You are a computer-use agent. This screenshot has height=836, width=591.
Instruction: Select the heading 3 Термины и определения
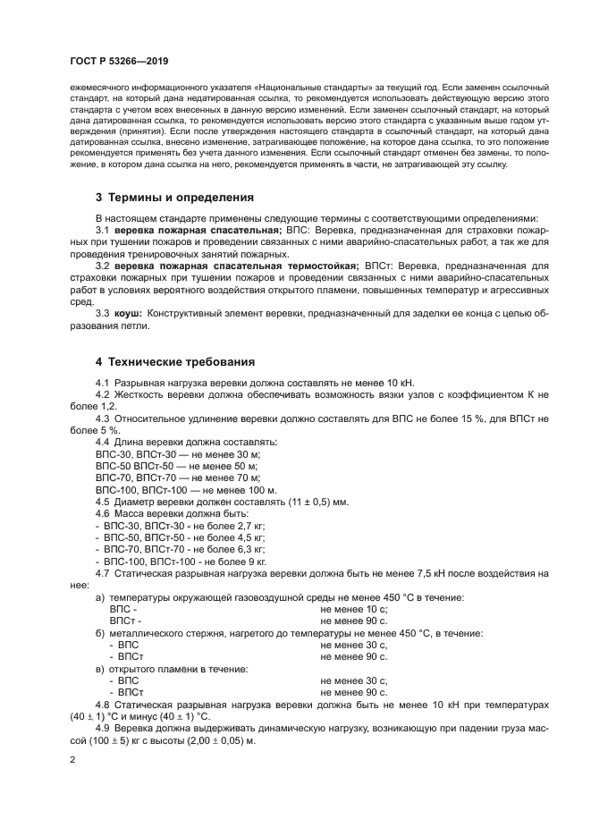click(x=174, y=197)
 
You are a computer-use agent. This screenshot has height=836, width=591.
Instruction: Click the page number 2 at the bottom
click(x=72, y=760)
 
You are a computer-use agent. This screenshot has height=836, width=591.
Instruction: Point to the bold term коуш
click(x=129, y=313)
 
